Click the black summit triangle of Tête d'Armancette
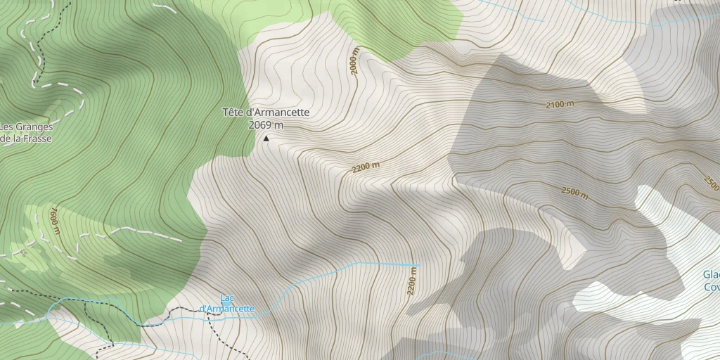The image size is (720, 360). (266, 139)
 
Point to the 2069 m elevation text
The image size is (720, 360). (266, 125)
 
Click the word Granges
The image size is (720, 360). (34, 127)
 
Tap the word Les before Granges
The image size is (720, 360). (7, 127)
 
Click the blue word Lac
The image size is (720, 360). (227, 298)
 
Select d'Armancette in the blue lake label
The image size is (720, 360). (227, 309)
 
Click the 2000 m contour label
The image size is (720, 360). (355, 63)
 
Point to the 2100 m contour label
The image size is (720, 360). (560, 105)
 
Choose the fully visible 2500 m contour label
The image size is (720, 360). (574, 192)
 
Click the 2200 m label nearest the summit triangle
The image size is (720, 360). (366, 167)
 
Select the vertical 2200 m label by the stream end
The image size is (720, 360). (412, 283)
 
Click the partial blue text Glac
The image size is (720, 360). (710, 275)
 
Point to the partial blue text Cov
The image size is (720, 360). (711, 287)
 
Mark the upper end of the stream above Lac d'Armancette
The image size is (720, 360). (418, 265)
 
